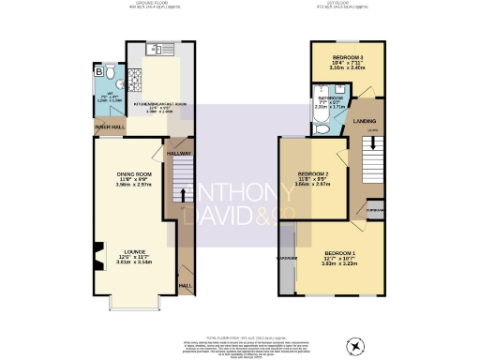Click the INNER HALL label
tap(105, 126)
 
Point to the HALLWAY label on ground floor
tap(179, 153)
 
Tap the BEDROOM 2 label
tap(314, 173)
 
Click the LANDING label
tap(366, 121)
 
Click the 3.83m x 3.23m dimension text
tap(341, 266)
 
